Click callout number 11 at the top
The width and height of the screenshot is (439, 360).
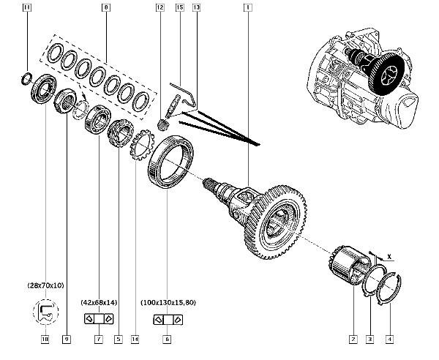(x=27, y=8)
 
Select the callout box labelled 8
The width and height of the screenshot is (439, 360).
(x=106, y=8)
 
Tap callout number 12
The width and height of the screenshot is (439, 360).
(x=160, y=8)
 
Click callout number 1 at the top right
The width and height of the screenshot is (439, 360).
(x=249, y=8)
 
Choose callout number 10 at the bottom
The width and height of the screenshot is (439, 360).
(x=45, y=339)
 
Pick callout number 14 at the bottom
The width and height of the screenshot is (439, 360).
(x=135, y=339)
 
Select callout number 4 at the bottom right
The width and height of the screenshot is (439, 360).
(x=390, y=339)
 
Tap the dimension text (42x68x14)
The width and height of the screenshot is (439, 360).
(x=99, y=301)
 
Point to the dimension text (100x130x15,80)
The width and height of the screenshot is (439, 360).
(x=168, y=301)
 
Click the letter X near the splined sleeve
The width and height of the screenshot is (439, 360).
(x=390, y=257)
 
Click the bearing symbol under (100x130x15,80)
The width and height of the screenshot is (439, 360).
(x=167, y=319)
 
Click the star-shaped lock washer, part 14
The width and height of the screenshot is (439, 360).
(x=136, y=151)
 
